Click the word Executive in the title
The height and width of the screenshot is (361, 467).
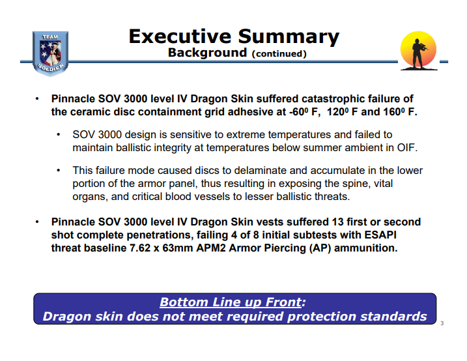click(x=180, y=36)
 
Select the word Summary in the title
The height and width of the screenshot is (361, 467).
click(x=289, y=37)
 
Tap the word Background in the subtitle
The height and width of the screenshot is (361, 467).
click(x=207, y=53)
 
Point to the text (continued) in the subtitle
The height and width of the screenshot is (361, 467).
click(x=279, y=53)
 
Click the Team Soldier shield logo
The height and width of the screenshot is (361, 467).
click(x=50, y=53)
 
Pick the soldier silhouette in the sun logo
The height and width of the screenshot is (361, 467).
click(x=418, y=53)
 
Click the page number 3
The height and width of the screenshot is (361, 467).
click(x=442, y=323)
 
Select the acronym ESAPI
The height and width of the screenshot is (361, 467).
click(x=380, y=235)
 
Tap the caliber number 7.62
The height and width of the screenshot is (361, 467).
click(x=140, y=248)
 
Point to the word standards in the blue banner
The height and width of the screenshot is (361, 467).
click(x=394, y=316)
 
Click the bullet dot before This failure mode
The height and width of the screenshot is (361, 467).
click(x=59, y=170)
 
